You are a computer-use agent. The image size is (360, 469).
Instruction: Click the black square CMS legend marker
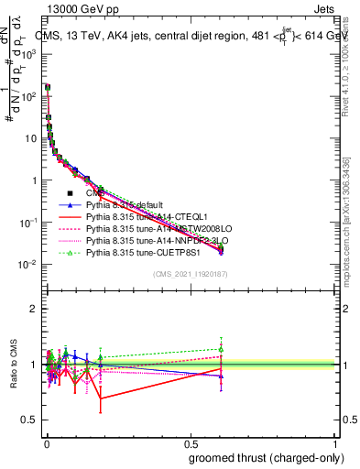69,193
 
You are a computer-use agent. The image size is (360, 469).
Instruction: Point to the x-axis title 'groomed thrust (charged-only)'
261,458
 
